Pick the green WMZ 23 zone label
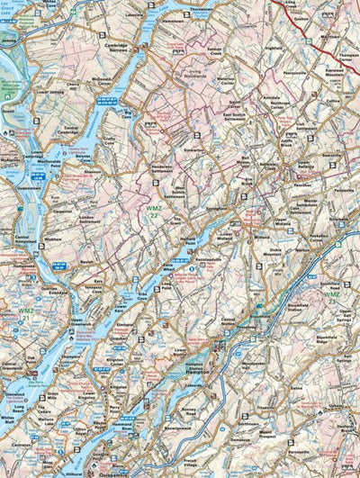333,295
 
